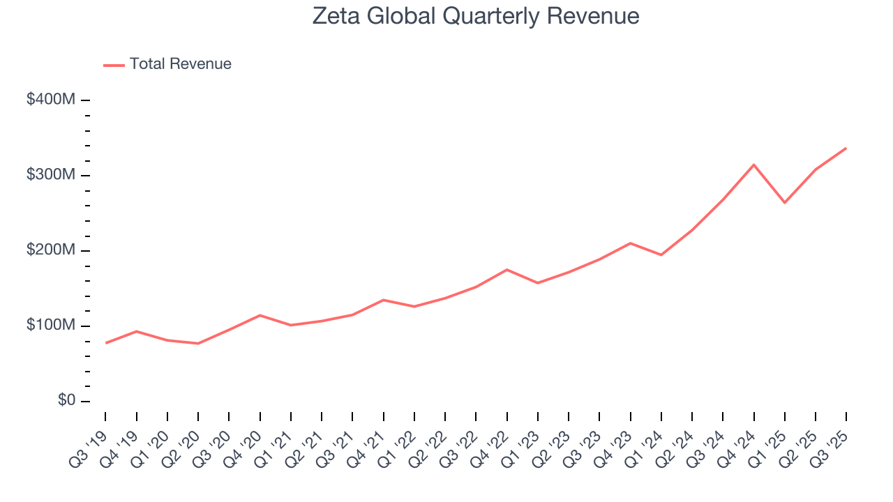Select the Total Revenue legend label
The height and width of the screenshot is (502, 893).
click(180, 64)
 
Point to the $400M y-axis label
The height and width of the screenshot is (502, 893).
click(50, 100)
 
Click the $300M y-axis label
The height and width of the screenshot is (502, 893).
click(50, 175)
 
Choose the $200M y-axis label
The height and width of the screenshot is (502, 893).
click(50, 250)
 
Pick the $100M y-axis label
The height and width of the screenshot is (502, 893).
click(50, 326)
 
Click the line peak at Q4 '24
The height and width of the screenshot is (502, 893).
click(753, 165)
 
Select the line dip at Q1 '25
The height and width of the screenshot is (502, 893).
click(785, 203)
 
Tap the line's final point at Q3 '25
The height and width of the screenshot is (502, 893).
click(846, 148)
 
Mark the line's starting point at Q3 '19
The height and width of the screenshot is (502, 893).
click(106, 343)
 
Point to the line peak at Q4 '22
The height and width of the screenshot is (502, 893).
click(506, 269)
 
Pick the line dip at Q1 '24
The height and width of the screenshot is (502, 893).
click(661, 255)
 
